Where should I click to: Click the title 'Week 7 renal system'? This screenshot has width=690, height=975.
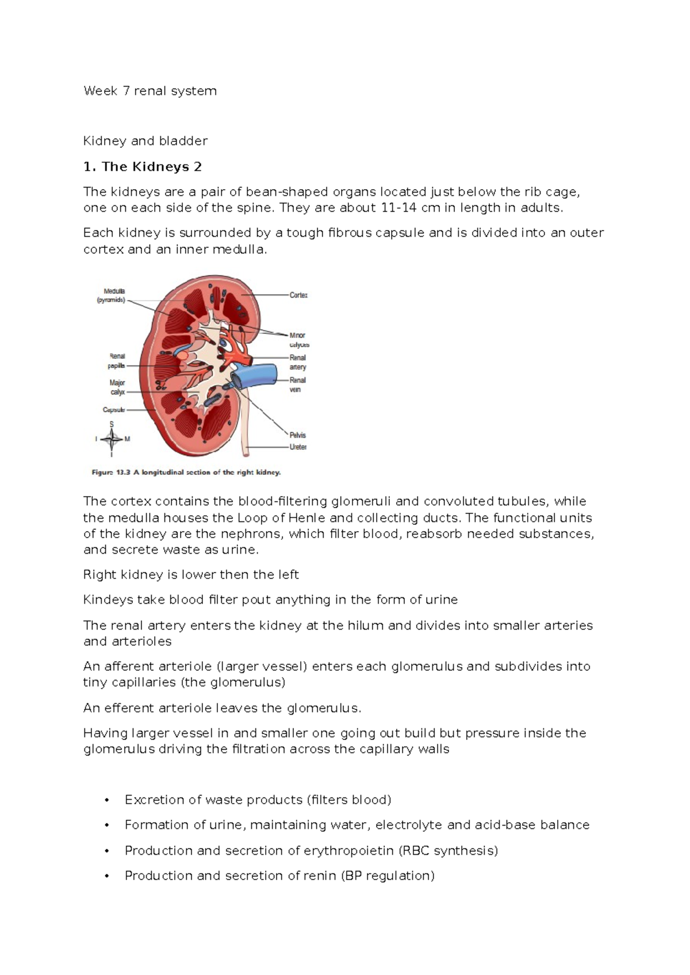150,91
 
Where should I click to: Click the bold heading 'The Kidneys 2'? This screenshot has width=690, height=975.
151,167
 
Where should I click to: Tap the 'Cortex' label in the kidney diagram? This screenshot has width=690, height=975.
298,295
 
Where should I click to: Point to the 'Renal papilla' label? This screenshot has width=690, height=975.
116,360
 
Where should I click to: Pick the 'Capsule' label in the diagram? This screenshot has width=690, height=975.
113,410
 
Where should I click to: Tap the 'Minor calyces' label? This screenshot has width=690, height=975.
298,340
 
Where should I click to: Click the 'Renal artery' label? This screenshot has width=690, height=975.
298,362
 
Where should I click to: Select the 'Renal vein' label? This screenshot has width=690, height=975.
297,385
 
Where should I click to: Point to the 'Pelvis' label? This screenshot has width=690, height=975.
298,435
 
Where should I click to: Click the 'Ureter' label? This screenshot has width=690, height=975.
298,447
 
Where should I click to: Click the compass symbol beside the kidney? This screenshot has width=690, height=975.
112,440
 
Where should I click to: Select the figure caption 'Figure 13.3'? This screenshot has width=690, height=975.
186,473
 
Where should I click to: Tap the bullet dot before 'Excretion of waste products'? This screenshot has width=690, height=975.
106,800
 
